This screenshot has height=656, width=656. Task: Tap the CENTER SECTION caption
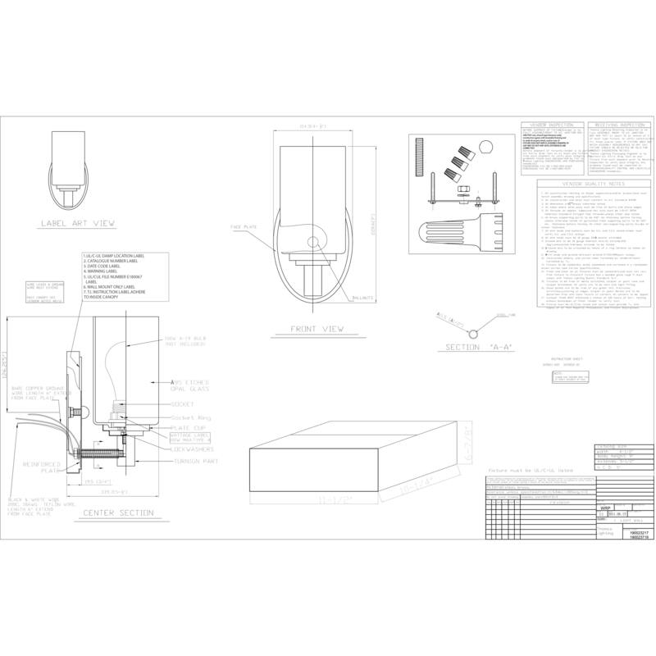(119, 513)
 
